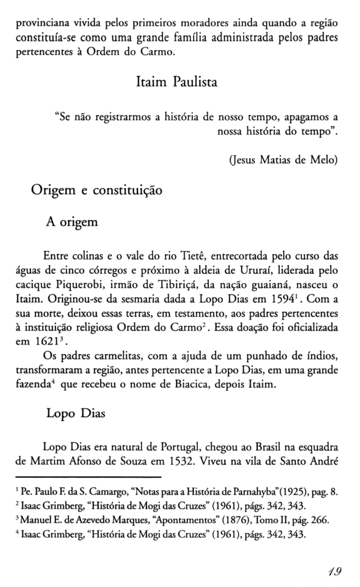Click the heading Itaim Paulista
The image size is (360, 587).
pos(176,82)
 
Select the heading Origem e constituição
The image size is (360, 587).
pos(96,190)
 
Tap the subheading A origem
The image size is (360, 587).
pos(72,222)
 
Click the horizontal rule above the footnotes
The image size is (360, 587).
pos(88,477)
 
